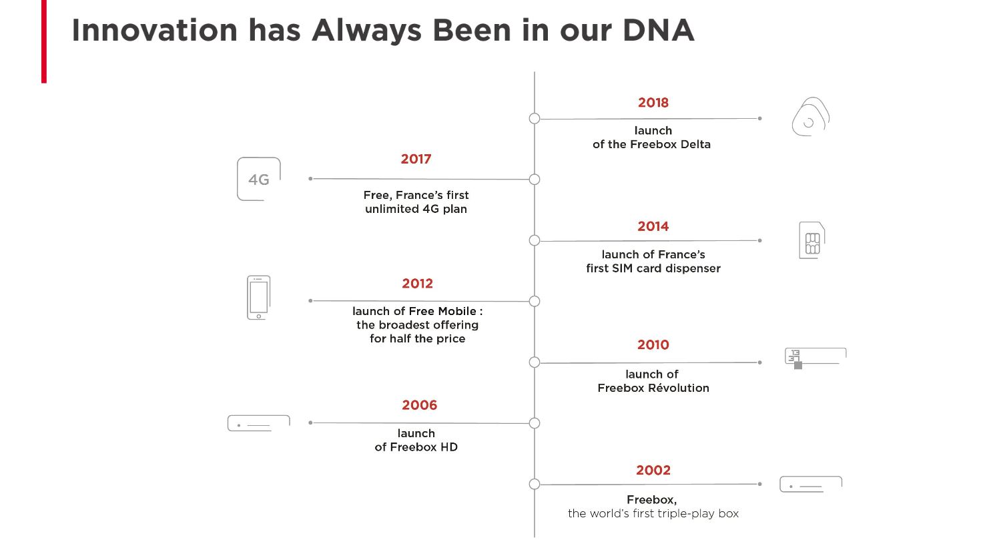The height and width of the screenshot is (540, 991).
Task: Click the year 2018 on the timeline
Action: (653, 103)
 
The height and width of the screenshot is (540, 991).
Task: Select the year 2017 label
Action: (416, 159)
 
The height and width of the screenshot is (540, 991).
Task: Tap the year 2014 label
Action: (653, 227)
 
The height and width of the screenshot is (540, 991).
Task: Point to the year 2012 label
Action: (417, 283)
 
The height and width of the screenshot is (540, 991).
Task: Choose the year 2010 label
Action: (653, 345)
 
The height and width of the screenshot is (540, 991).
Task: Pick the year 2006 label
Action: (419, 405)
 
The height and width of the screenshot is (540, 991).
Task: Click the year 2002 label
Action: (653, 470)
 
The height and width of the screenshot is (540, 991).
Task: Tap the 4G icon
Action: (259, 180)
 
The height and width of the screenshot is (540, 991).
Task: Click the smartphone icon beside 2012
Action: (258, 298)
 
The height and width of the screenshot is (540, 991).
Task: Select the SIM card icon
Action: (812, 240)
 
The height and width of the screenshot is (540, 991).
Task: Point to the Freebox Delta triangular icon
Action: (811, 116)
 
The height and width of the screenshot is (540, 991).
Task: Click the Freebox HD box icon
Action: (259, 423)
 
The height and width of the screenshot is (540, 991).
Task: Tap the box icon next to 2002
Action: (811, 484)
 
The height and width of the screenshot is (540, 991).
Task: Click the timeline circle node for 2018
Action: (535, 119)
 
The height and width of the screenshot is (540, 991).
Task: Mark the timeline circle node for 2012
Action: (535, 302)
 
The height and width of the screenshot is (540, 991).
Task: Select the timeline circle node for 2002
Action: (535, 484)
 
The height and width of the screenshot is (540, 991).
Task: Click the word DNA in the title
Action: (658, 31)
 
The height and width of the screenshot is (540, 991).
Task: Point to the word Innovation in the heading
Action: (155, 31)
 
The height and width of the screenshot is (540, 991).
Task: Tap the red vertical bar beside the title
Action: (44, 41)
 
